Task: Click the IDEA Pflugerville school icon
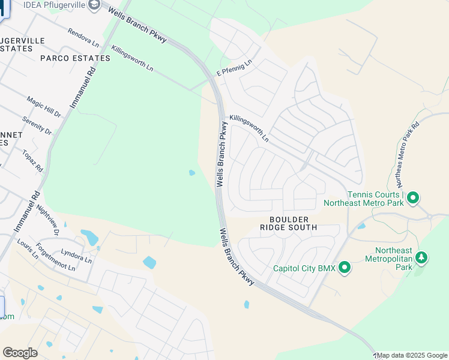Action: click(94, 5)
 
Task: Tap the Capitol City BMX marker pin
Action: click(345, 268)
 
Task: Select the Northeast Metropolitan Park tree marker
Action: click(422, 258)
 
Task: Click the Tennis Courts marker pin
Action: click(414, 197)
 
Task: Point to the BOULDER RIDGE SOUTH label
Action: click(289, 223)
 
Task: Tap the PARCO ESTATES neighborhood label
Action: click(75, 58)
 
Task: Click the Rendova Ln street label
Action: click(83, 37)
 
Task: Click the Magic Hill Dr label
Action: click(44, 106)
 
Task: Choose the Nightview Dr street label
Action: click(48, 220)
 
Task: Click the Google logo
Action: click(20, 353)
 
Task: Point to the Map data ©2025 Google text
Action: click(412, 355)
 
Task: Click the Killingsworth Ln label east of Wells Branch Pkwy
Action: click(249, 128)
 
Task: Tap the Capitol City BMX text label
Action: click(304, 268)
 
